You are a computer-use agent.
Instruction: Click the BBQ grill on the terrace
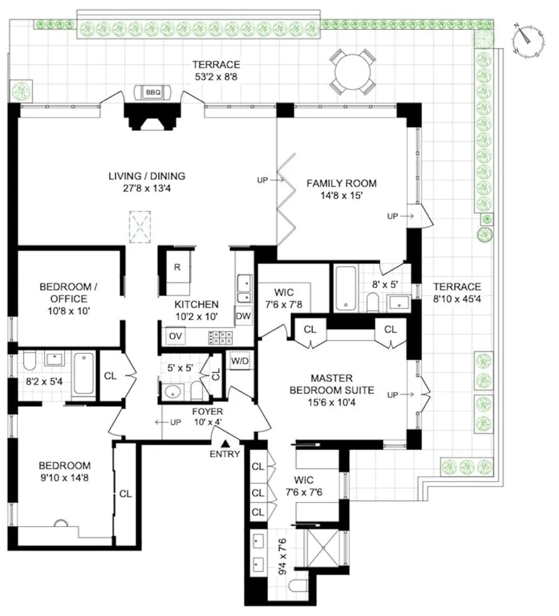coord(153,92)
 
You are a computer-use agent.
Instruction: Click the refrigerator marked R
coord(177,267)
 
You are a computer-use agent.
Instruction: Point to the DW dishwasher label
coord(243,316)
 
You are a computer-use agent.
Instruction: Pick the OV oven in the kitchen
coord(175,336)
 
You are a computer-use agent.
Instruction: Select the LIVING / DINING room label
coord(147,176)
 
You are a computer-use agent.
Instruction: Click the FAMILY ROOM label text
coord(341,184)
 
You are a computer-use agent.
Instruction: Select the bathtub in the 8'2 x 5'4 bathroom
coord(84,373)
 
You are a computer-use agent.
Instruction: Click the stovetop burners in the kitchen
coord(221,337)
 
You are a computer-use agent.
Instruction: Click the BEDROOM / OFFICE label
coord(64,292)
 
